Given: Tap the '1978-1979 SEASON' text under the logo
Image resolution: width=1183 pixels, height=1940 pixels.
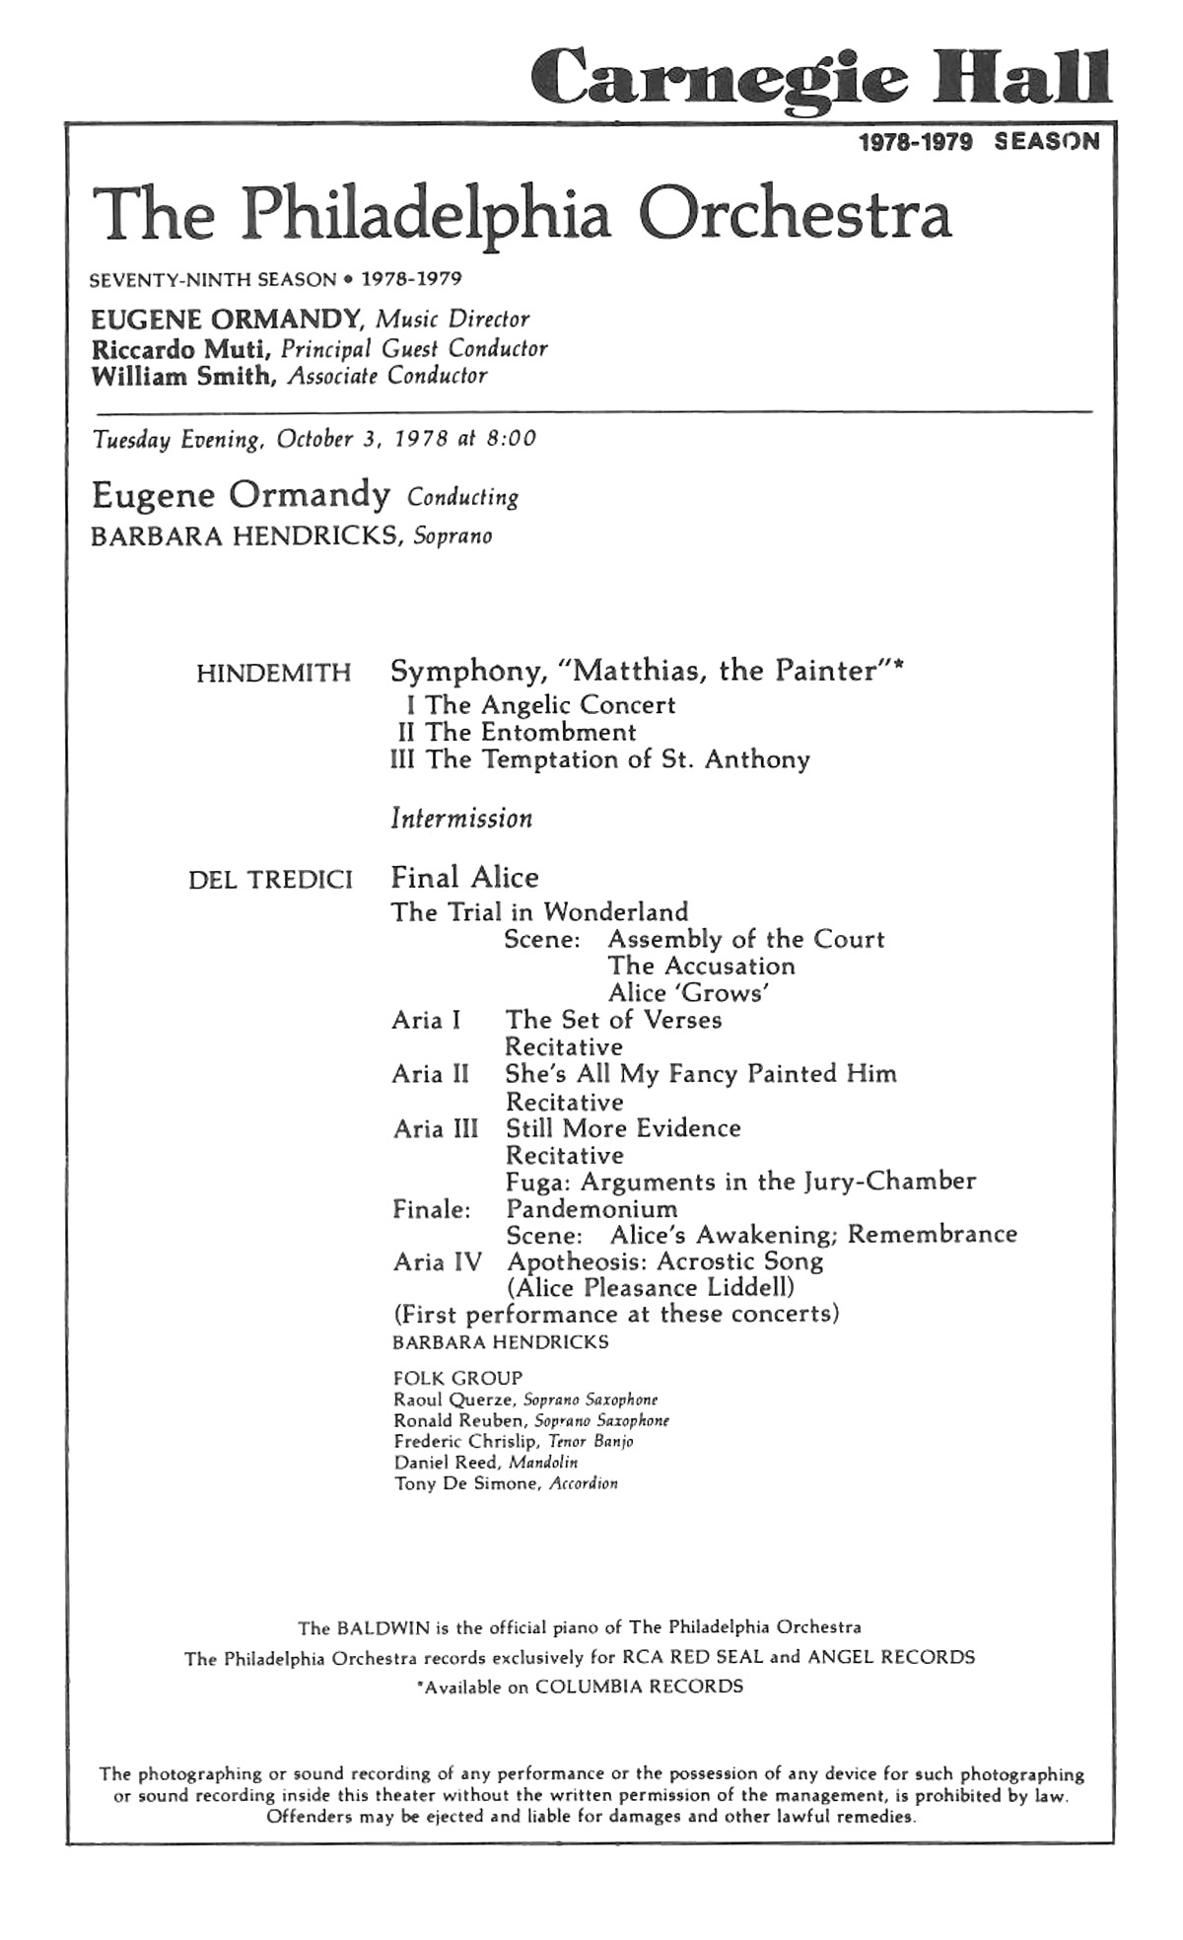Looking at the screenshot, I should (978, 142).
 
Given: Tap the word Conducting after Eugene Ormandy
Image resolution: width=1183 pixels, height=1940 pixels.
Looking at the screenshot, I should (462, 498).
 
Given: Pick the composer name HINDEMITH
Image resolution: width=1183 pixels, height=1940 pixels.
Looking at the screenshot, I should (273, 674).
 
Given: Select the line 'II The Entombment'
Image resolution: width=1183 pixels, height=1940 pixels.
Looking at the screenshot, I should (516, 733).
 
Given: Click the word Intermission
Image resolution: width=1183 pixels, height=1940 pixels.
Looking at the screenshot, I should (461, 819).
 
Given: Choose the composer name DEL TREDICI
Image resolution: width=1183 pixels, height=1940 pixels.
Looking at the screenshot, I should (270, 880).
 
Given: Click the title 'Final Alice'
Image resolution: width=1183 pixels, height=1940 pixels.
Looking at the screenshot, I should (464, 878).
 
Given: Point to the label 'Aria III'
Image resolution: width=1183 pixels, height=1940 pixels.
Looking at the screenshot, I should (435, 1129).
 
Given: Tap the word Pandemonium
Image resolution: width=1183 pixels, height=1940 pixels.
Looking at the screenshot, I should (591, 1209).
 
